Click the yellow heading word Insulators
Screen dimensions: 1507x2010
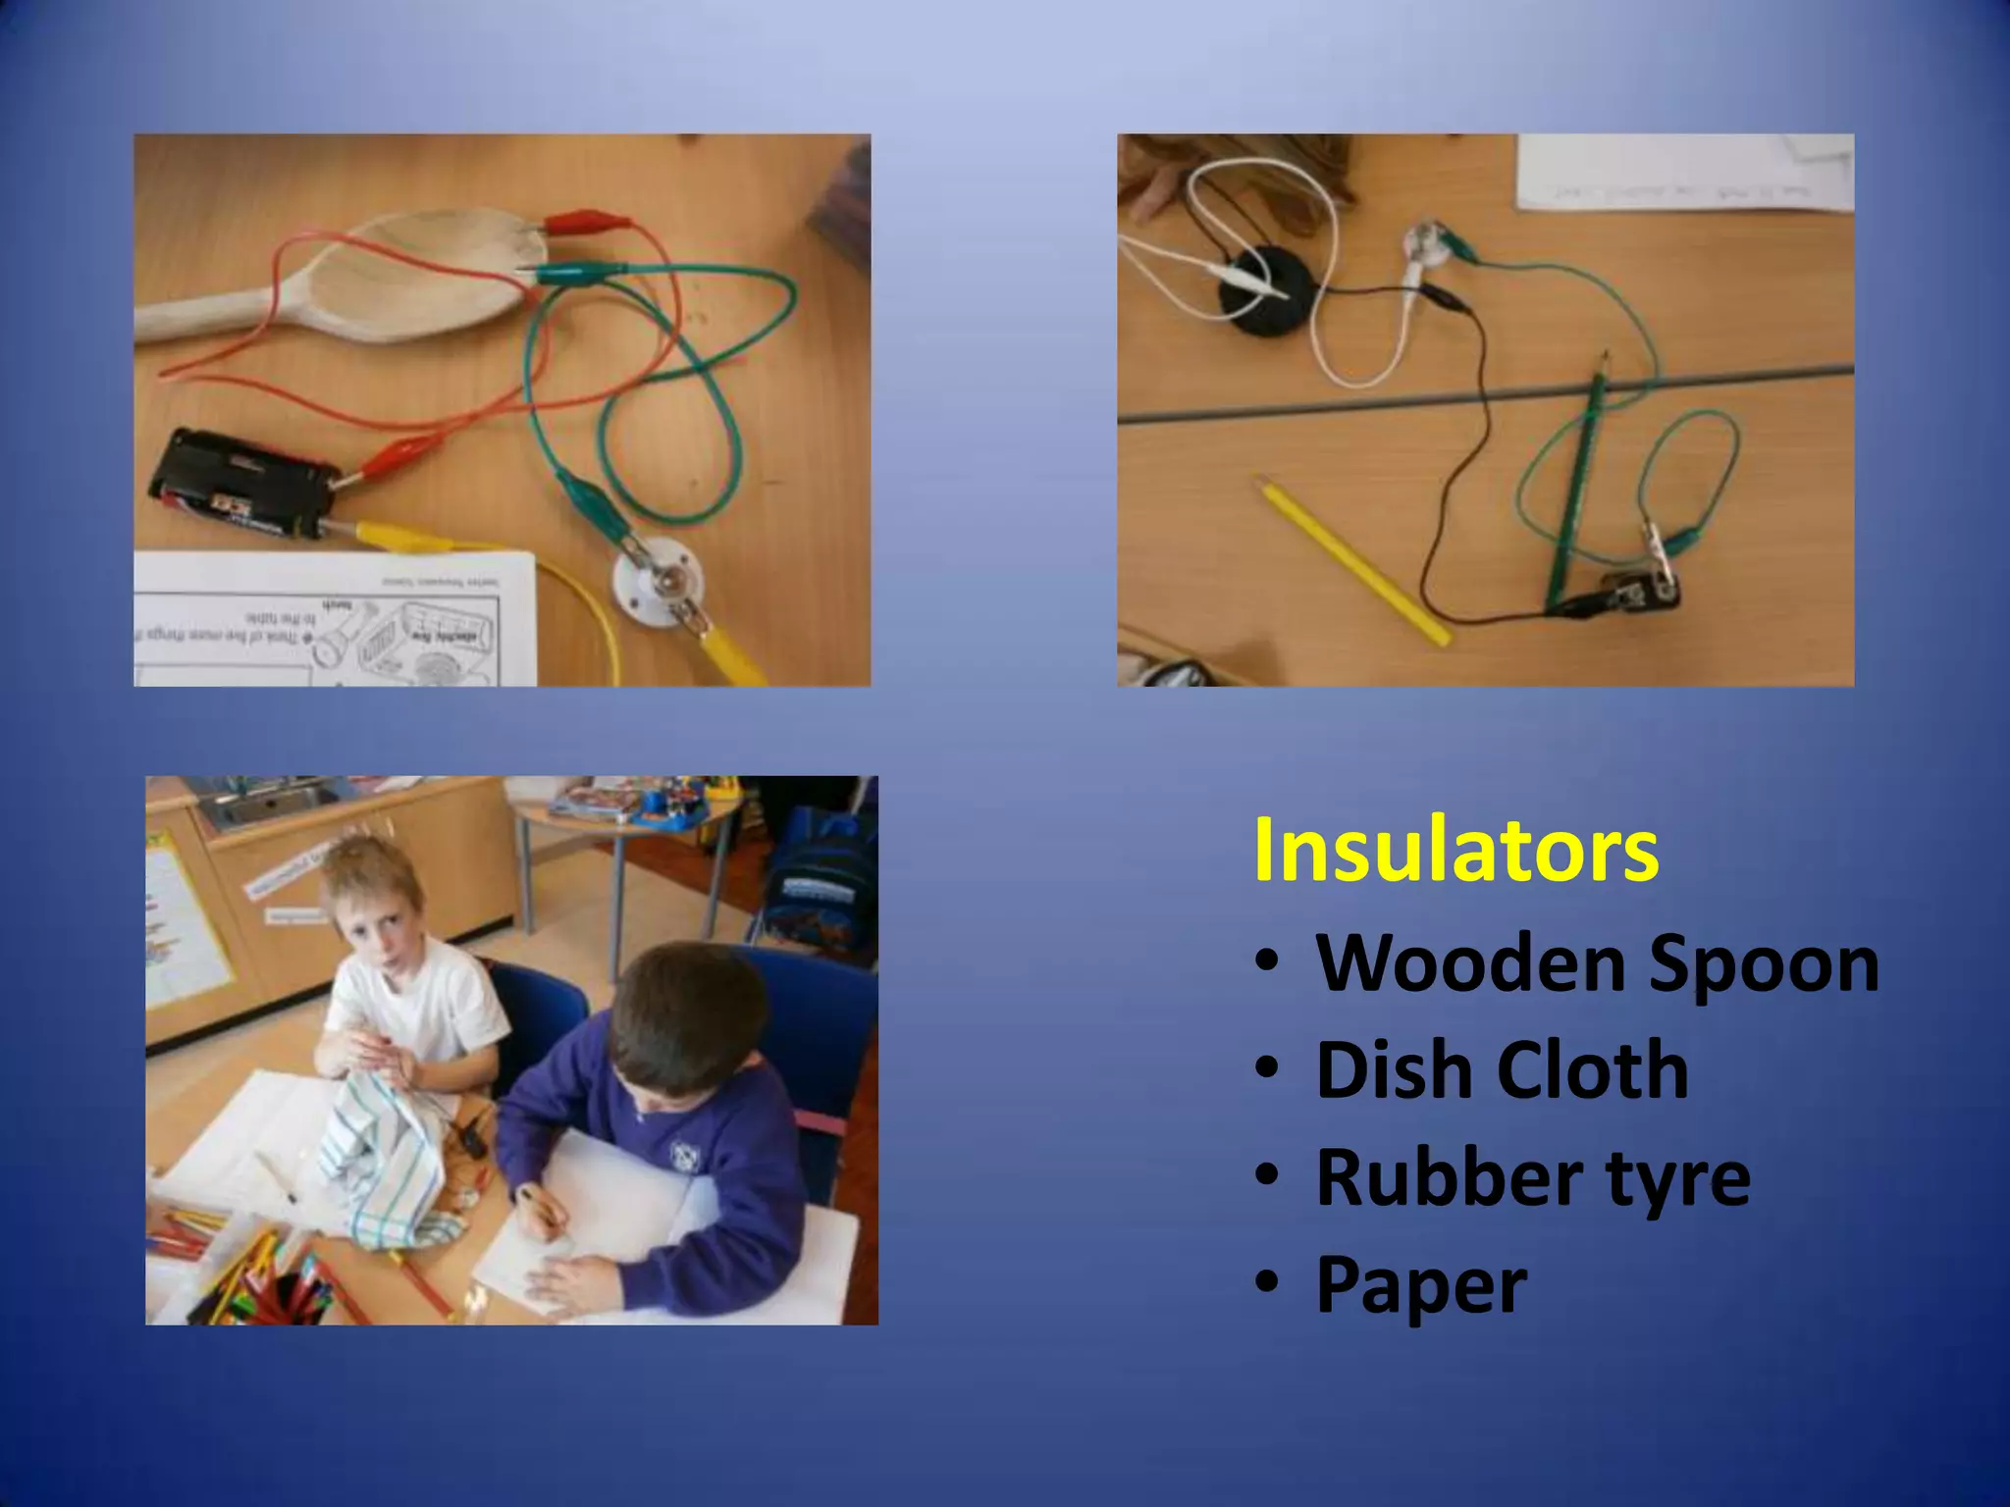click(x=1455, y=850)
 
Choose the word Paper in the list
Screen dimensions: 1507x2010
click(x=1421, y=1284)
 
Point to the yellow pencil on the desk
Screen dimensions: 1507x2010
click(x=1352, y=560)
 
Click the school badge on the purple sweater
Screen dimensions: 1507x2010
click(x=683, y=1154)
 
